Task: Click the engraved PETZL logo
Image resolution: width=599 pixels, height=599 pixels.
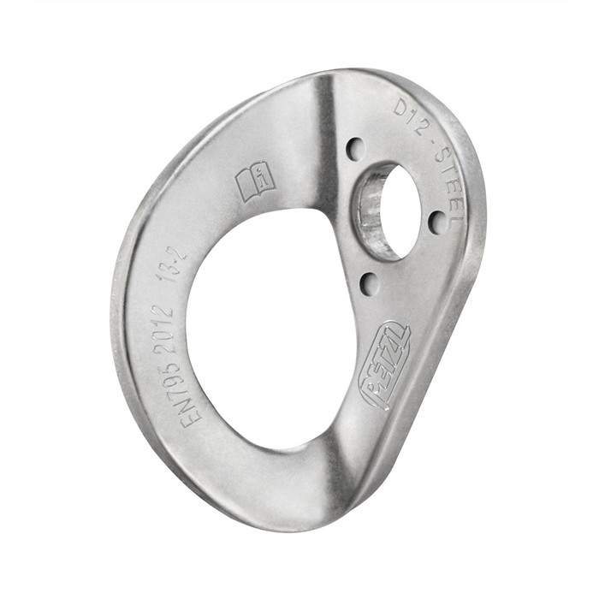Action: click(386, 365)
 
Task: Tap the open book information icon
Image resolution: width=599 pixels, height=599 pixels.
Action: click(254, 182)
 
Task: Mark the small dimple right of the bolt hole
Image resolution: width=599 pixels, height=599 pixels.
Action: click(437, 222)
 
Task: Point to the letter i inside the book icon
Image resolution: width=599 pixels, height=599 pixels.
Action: click(264, 178)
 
